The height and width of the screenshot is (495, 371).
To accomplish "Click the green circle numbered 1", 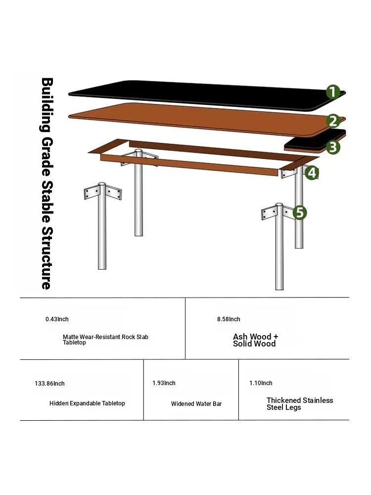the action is [333, 92].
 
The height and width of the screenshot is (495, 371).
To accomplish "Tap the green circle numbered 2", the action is [333, 121].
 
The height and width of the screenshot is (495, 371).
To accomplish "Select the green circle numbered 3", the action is [333, 147].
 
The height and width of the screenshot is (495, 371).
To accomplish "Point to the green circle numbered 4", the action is [312, 172].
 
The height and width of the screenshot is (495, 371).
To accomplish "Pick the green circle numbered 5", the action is [300, 212].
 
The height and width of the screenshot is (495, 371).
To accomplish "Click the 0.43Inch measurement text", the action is [57, 319].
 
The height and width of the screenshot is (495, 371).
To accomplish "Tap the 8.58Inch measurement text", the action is [229, 319].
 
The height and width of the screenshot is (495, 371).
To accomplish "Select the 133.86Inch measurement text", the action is [49, 384].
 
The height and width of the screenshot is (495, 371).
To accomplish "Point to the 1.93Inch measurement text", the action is [164, 383].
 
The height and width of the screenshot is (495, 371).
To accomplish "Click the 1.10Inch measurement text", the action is [261, 383].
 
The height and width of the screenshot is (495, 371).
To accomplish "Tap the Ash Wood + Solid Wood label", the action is [256, 341].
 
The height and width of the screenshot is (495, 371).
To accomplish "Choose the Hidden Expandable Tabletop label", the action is [87, 403].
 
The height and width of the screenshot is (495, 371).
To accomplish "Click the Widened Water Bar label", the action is [196, 404].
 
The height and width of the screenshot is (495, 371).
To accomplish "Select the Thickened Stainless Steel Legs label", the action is [300, 404].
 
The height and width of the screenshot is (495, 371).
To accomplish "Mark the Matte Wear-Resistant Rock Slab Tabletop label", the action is [105, 340].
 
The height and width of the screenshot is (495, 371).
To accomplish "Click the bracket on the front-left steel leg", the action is [102, 193].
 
